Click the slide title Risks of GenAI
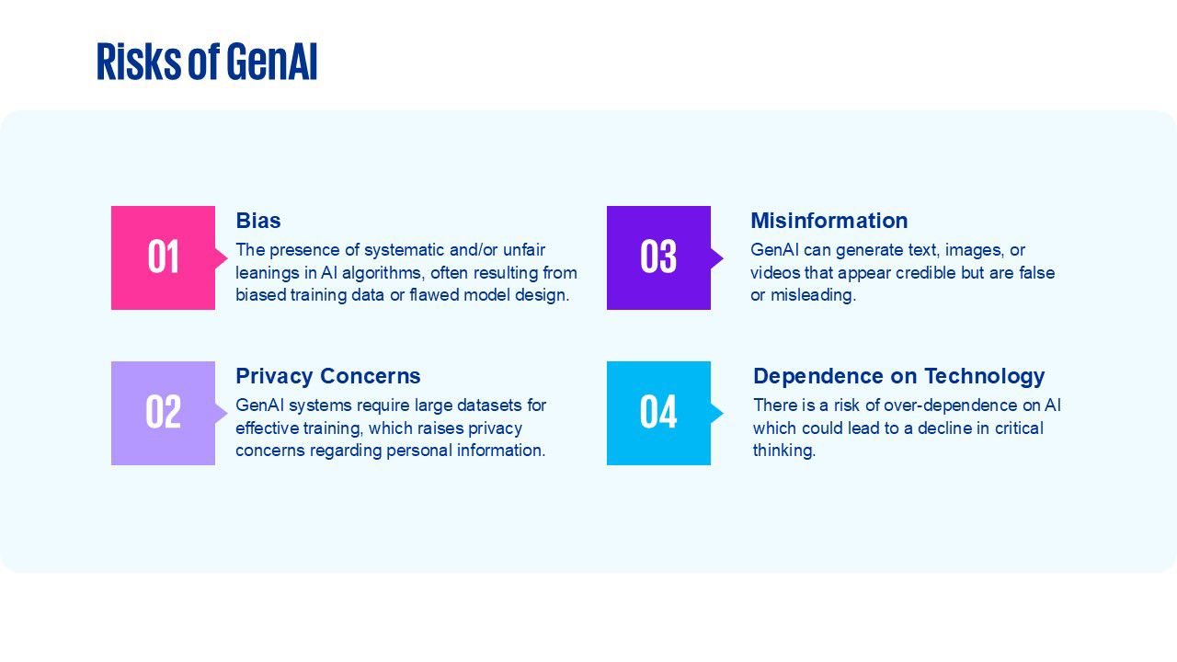pyautogui.click(x=207, y=62)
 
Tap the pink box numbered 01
pyautogui.click(x=163, y=257)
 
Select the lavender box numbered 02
pyautogui.click(x=163, y=413)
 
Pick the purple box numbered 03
pyautogui.click(x=658, y=257)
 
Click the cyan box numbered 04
pyautogui.click(x=658, y=413)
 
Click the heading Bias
pyautogui.click(x=258, y=221)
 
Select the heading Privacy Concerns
pyautogui.click(x=328, y=376)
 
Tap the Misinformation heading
pyautogui.click(x=829, y=221)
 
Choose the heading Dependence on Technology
pyautogui.click(x=898, y=376)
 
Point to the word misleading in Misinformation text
pyautogui.click(x=813, y=295)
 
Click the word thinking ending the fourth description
pyautogui.click(x=784, y=451)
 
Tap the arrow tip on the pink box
pyautogui.click(x=227, y=257)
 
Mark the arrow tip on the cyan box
pyautogui.click(x=723, y=413)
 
